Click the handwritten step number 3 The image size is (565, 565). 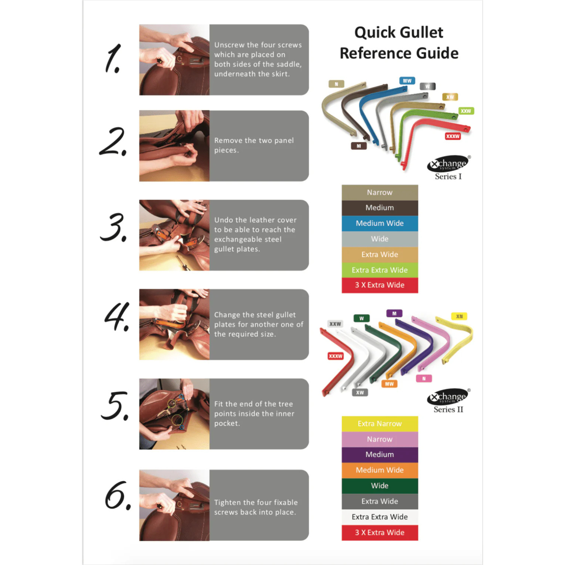click(114, 227)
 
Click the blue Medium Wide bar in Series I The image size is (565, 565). click(380, 223)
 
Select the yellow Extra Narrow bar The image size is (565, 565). click(380, 424)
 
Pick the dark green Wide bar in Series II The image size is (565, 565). click(380, 486)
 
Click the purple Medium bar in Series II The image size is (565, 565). click(380, 455)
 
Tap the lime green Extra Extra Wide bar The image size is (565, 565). click(380, 270)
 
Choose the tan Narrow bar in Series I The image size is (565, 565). click(380, 192)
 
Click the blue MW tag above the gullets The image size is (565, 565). click(407, 81)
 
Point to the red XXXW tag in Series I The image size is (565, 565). click(453, 136)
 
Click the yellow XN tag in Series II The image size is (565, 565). click(459, 316)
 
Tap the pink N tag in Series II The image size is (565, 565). click(424, 379)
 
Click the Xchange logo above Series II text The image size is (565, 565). click(448, 397)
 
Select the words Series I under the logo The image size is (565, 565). click(448, 177)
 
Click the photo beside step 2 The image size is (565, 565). click(174, 146)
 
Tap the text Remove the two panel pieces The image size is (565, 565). click(254, 145)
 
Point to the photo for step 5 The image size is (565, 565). click(174, 414)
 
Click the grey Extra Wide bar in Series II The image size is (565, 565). click(380, 501)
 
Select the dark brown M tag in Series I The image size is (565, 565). click(359, 146)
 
